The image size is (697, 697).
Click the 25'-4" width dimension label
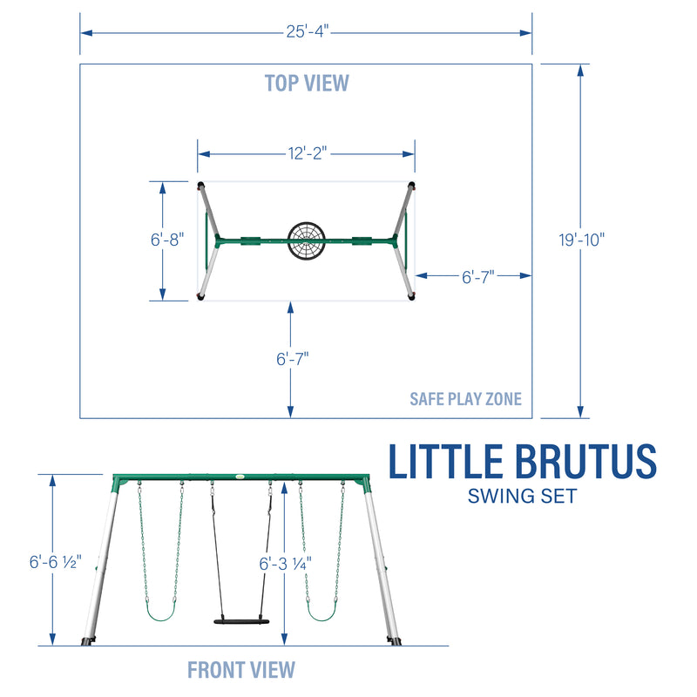click(306, 32)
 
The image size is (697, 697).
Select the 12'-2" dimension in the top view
click(306, 153)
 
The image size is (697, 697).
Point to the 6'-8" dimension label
click(166, 240)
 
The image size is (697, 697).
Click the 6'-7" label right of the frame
click(477, 276)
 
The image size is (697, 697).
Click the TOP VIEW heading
click(307, 83)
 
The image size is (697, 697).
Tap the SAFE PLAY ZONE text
click(465, 399)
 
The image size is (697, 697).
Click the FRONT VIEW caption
click(241, 669)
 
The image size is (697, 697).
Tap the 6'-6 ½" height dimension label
click(54, 563)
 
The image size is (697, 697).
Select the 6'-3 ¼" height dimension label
click(284, 563)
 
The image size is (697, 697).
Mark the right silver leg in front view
click(383, 566)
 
